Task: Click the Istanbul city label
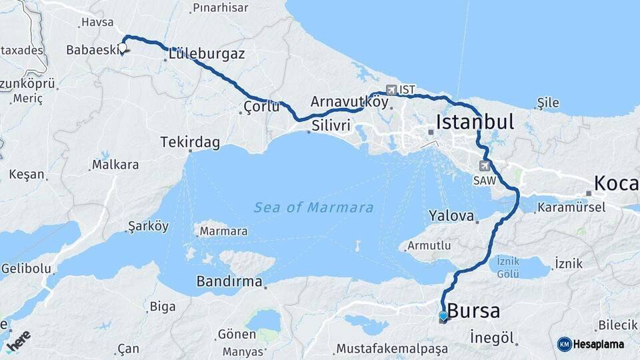click(475, 122)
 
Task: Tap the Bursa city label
click(473, 311)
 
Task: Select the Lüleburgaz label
click(207, 54)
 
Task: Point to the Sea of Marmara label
click(313, 207)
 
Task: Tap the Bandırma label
click(229, 281)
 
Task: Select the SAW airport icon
click(485, 165)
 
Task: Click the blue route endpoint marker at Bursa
click(443, 316)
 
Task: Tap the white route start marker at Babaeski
click(123, 48)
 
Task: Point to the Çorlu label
click(261, 106)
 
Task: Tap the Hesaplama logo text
click(599, 344)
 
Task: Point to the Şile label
click(549, 103)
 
